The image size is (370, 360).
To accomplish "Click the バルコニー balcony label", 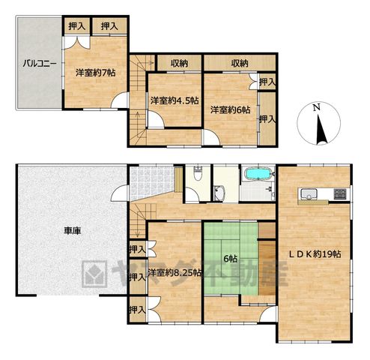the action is coord(40,64).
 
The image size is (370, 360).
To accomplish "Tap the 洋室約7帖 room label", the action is coord(96,73).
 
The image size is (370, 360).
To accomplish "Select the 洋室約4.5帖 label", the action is coord(175,100).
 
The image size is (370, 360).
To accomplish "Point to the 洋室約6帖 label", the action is coord(230,109).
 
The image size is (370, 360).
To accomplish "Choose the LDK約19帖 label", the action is coord(315,254).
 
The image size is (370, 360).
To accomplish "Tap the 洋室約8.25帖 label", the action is coord(175,273).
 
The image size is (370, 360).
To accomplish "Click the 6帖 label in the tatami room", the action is coord(230,259).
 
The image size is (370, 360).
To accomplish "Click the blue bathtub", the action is coord(258,174).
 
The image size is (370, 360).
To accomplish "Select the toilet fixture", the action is coord(198,173).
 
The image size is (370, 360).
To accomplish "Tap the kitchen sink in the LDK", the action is coord(309,194).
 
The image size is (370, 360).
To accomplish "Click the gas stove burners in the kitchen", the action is coord(340,194).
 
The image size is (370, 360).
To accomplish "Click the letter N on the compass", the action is coord(317,107).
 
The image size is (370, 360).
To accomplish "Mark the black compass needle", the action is coord(321,130).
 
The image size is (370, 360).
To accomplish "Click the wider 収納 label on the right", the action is coord(240,64).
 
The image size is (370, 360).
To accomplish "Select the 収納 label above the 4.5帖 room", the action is coord(179,64).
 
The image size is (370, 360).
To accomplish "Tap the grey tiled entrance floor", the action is coord(151,181).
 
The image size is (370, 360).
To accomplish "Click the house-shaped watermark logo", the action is coord(94,274).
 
